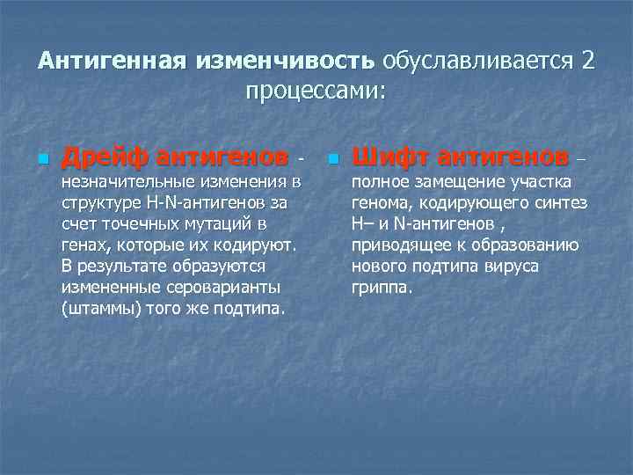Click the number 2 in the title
pyautogui.click(x=587, y=62)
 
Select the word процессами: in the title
pyautogui.click(x=316, y=91)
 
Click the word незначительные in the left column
pyautogui.click(x=118, y=182)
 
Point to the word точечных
pyautogui.click(x=139, y=224)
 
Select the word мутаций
pyautogui.click(x=216, y=224)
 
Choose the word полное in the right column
pyautogui.click(x=379, y=182)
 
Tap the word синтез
pyautogui.click(x=562, y=203)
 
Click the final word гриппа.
pyautogui.click(x=381, y=288)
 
